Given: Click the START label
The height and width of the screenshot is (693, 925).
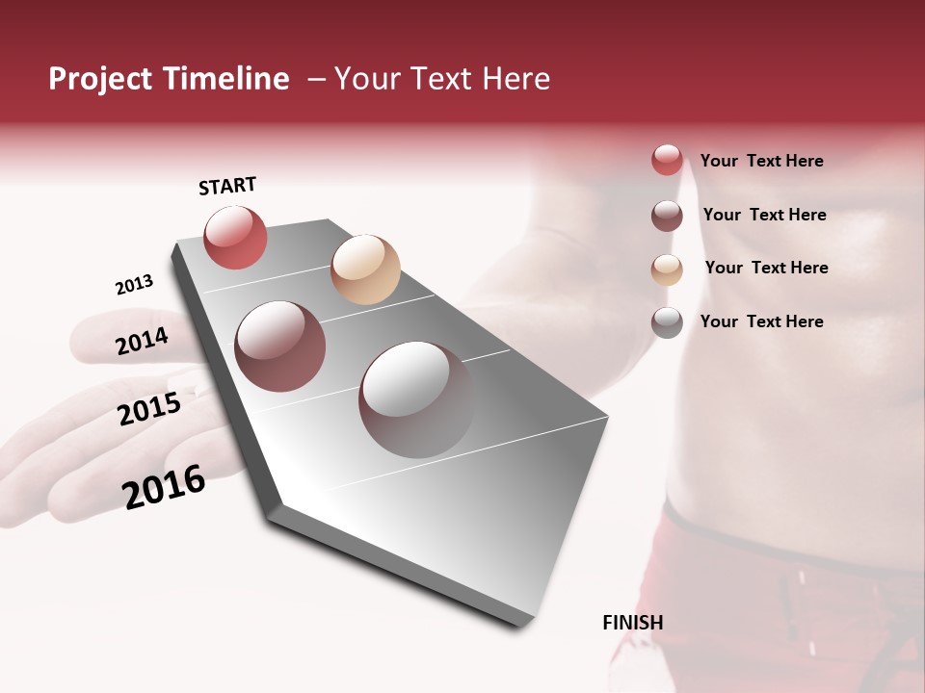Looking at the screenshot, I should [227, 186].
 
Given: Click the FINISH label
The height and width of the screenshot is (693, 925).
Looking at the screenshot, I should [632, 623].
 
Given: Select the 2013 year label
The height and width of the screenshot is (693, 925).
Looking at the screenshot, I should [134, 285].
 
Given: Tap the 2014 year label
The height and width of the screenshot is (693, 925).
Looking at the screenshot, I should [142, 341].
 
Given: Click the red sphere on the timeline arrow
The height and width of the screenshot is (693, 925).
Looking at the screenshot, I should [235, 238].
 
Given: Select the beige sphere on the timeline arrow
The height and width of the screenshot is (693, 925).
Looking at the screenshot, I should [365, 269].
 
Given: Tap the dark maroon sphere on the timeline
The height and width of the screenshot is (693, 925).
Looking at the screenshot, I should [280, 346].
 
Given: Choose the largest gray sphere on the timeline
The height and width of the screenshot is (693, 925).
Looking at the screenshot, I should [415, 399].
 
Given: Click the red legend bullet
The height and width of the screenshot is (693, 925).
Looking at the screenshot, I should [667, 161].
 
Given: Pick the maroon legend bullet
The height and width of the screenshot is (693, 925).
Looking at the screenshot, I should [667, 216].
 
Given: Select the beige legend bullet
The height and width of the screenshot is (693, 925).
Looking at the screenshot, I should [667, 269].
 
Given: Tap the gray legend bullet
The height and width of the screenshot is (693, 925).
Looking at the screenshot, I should [667, 322].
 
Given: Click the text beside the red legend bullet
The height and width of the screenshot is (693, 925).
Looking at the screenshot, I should [761, 161].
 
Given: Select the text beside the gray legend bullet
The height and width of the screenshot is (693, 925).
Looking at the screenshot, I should [761, 321].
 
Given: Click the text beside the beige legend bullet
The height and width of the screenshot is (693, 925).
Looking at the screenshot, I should [766, 268].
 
